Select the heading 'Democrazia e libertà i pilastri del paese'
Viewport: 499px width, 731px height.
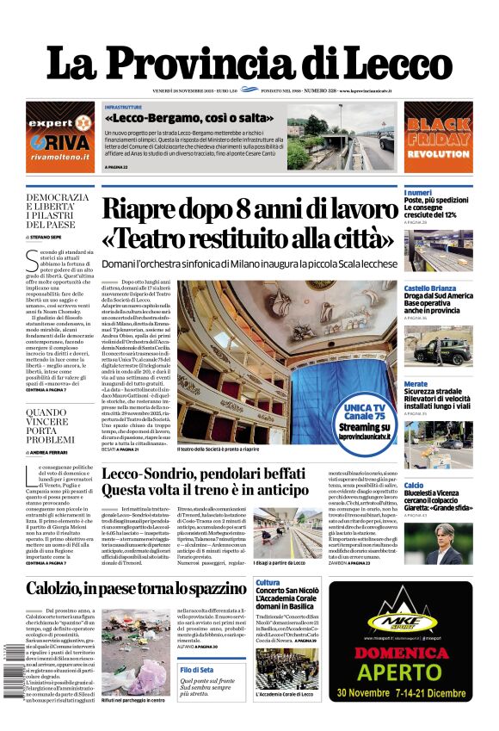(x=58, y=210)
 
